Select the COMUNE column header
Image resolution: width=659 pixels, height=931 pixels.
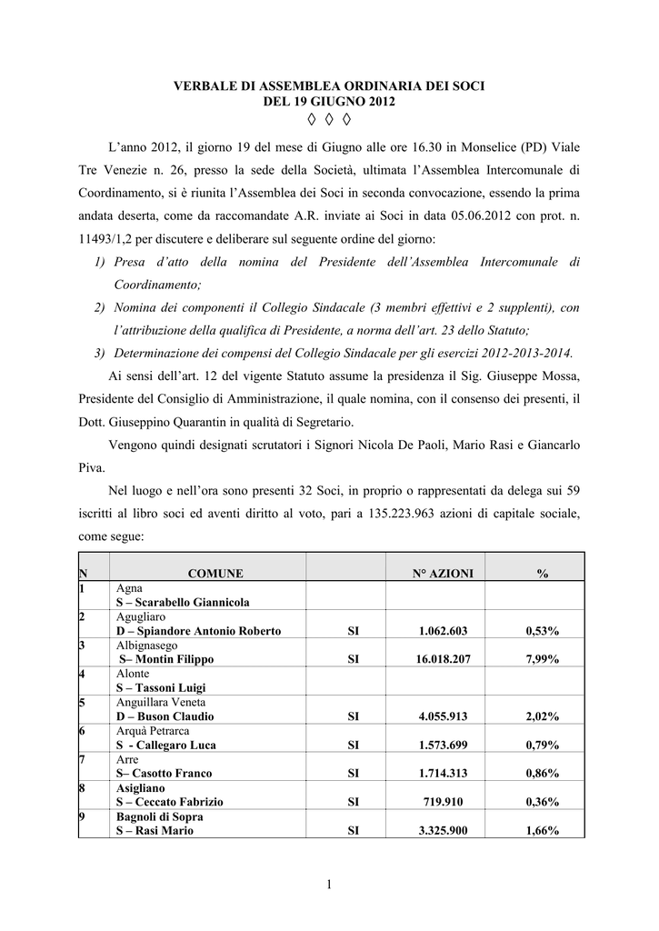coord(215,574)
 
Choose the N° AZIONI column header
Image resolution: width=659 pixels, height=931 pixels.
coord(435,574)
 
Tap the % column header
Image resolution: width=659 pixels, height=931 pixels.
coord(542,574)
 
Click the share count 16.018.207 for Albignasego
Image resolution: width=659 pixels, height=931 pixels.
coord(435,659)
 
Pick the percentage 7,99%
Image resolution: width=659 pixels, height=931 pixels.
coord(542,659)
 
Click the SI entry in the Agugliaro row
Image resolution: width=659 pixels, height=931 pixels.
coord(354,631)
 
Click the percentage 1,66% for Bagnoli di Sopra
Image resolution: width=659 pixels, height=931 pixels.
coord(542,830)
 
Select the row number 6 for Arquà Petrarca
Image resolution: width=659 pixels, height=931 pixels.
coord(84,731)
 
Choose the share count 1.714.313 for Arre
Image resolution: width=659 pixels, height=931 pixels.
coord(435,773)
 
